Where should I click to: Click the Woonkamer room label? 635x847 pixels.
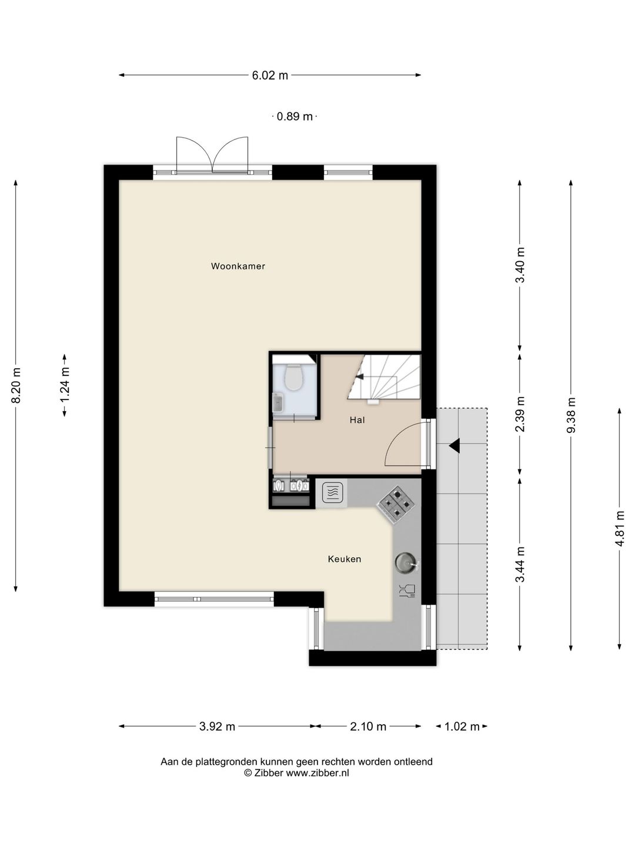point(238,266)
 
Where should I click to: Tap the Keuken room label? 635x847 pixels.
point(345,559)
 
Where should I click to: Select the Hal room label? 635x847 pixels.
point(357,420)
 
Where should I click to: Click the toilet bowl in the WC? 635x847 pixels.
point(294,377)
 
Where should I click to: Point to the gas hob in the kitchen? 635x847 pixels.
point(396,504)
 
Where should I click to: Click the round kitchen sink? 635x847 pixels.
point(406,563)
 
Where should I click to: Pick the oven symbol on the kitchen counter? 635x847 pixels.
point(332,493)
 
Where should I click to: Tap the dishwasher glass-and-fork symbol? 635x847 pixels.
point(407,591)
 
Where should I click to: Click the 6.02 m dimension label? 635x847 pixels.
point(270,75)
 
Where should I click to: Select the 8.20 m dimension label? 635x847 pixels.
point(16,385)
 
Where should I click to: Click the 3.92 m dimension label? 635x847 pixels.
point(217,726)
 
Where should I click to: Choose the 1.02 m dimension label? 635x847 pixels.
point(462,726)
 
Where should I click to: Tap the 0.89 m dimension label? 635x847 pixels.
point(295,116)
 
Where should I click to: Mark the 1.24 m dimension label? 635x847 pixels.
point(65,385)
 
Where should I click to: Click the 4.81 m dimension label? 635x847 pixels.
point(619,528)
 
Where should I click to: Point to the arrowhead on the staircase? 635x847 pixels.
point(359,376)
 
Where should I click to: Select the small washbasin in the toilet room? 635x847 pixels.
point(278,402)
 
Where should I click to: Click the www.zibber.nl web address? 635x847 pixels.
point(317,773)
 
